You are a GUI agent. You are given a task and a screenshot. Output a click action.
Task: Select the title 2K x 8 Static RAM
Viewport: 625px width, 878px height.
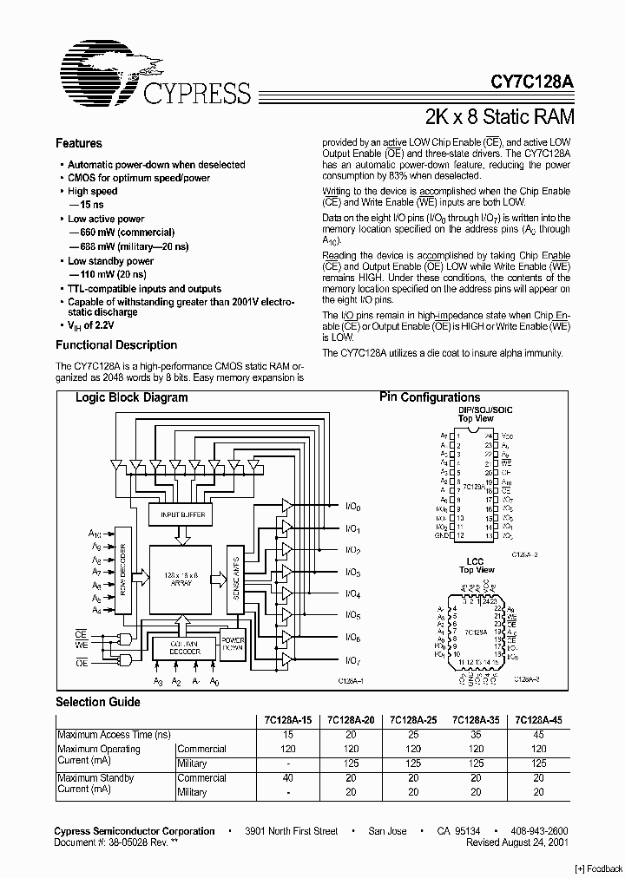point(499,116)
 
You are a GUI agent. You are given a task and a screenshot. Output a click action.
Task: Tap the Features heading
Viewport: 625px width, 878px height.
point(78,143)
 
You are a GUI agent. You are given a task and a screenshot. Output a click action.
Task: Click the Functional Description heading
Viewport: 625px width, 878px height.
point(115,344)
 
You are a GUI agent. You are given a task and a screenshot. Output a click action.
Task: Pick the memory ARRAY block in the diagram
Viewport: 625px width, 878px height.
point(181,578)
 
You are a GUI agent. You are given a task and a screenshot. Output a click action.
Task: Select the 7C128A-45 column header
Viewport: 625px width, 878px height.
point(538,719)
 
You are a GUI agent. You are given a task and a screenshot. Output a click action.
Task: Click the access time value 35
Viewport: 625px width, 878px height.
point(475,734)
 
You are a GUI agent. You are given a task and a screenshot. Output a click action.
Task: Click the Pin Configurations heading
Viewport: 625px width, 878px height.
point(430,397)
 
